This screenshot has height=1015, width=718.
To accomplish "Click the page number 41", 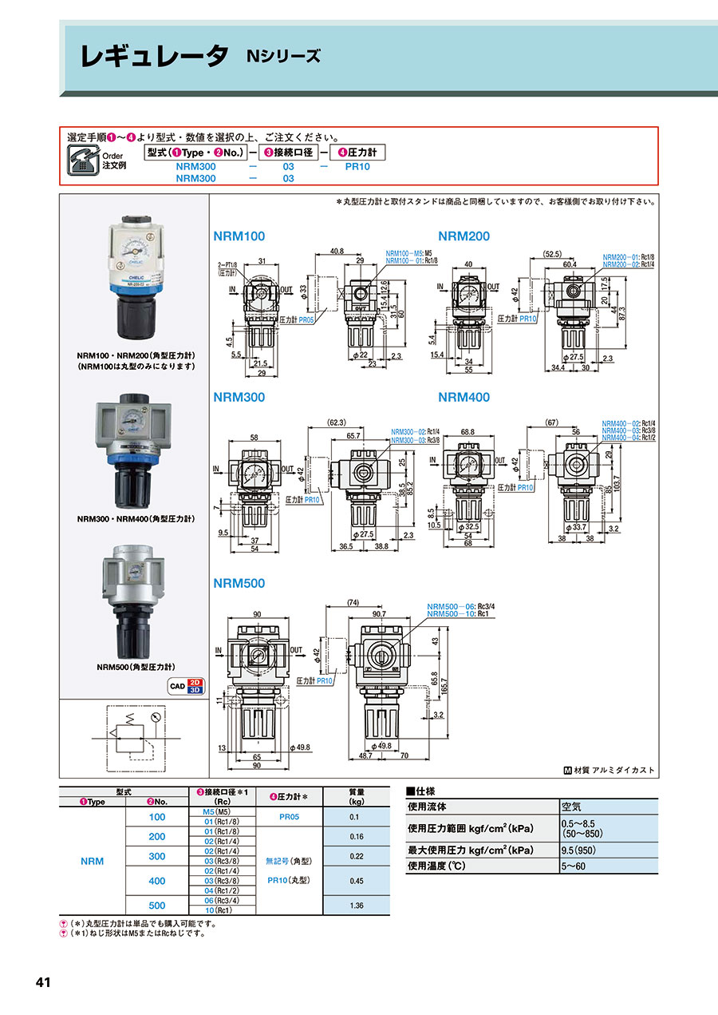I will (x=43, y=981).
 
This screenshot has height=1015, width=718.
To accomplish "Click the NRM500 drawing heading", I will (x=239, y=584).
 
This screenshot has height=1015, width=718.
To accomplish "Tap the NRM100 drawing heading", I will (x=239, y=236).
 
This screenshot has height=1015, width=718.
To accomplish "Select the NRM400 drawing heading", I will (x=464, y=398).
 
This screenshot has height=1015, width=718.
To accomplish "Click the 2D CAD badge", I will (x=194, y=683).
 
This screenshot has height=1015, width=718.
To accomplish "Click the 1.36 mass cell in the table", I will (x=356, y=906).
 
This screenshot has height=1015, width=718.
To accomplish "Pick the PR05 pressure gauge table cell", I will (x=290, y=817).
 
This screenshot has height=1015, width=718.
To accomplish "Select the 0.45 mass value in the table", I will (x=356, y=881).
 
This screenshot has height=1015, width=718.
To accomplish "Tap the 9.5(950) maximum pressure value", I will (x=579, y=850).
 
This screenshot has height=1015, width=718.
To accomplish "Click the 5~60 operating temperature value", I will (x=574, y=865).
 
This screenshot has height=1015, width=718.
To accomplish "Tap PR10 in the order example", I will (x=357, y=167).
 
